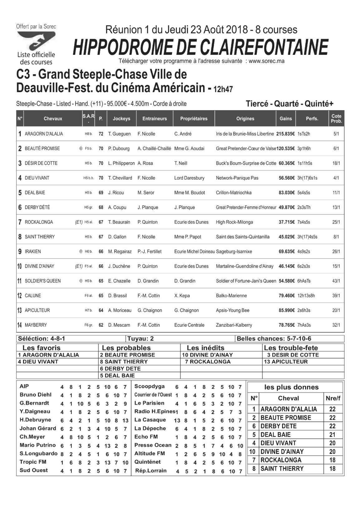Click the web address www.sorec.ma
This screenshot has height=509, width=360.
(x=266, y=61)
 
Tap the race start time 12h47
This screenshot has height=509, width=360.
(x=223, y=90)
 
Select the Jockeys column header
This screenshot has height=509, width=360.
(x=121, y=119)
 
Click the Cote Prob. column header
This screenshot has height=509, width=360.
(x=336, y=119)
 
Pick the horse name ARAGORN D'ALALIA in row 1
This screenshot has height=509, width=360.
(x=44, y=134)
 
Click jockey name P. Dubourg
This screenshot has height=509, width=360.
(x=119, y=148)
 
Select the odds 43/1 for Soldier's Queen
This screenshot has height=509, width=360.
(x=336, y=281)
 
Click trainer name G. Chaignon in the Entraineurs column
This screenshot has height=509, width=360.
(x=150, y=310)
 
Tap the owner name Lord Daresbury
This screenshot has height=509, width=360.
(x=189, y=178)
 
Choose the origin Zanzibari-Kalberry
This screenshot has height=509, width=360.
(x=234, y=325)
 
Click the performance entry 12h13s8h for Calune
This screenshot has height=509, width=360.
(x=306, y=296)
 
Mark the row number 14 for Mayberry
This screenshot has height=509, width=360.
(x=19, y=325)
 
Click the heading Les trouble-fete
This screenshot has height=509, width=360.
(x=291, y=348)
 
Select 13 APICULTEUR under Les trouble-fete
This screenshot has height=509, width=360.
(x=286, y=362)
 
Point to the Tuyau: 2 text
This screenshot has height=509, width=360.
(x=140, y=339)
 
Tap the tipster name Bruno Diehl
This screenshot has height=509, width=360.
(x=36, y=395)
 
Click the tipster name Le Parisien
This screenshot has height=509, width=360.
(x=149, y=403)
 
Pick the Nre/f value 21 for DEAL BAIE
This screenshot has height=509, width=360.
(x=333, y=435)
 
